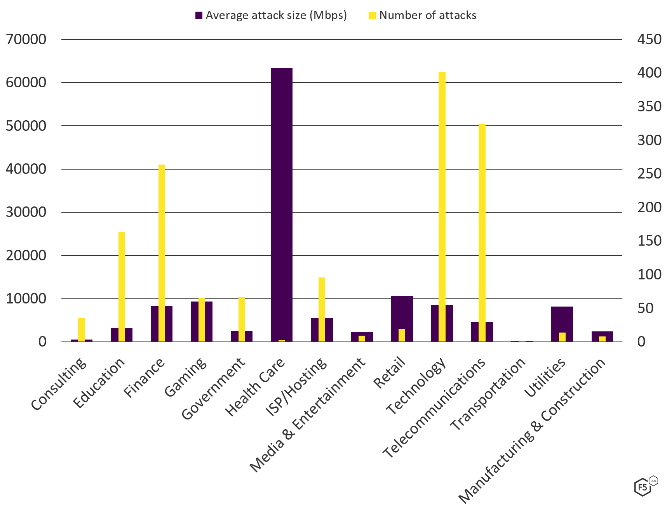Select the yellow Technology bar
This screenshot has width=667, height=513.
pos(442,206)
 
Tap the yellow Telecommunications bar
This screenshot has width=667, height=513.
pos(482,233)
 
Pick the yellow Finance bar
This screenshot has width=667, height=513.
pos(162,252)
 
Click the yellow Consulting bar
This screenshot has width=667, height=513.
pos(82,329)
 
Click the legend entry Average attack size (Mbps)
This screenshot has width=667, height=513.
pos(271,16)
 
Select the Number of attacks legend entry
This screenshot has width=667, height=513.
pos(423,16)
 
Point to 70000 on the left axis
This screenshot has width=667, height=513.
pos(26,40)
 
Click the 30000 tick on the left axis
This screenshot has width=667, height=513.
pos(26,212)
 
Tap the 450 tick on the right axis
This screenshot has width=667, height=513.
pos(649,40)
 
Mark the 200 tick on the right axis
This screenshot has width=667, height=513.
pos(649,207)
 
